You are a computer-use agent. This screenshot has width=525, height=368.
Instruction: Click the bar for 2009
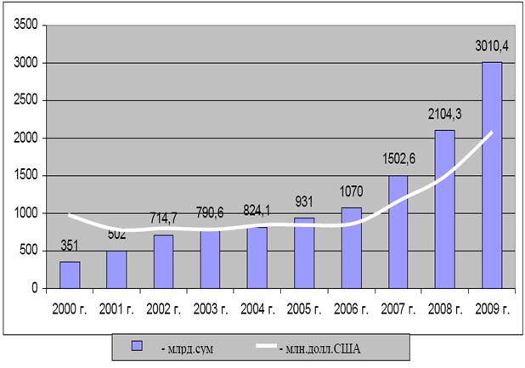[492, 175]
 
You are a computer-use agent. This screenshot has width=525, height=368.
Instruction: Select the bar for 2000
[70, 275]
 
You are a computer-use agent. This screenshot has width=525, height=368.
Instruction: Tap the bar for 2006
[352, 248]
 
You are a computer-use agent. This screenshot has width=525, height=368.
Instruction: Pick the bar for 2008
[445, 209]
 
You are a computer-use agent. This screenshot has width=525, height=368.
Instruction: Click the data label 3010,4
[492, 46]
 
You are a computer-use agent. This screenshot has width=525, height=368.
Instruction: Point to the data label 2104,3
[444, 114]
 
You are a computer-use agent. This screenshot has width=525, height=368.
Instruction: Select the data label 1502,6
[398, 158]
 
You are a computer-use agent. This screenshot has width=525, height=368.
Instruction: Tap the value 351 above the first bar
[70, 246]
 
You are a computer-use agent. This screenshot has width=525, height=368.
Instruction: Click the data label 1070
[351, 191]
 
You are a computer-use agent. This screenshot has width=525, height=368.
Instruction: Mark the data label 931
[304, 202]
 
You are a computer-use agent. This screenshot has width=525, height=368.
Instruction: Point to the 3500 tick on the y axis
[25, 25]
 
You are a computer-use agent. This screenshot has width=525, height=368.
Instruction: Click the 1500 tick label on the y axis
[25, 175]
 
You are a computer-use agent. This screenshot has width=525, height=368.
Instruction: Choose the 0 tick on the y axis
[35, 288]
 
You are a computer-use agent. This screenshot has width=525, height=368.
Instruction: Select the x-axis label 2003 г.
[211, 309]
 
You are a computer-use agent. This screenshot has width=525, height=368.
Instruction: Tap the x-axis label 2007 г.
[398, 309]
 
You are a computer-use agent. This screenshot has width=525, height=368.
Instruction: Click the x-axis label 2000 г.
[70, 309]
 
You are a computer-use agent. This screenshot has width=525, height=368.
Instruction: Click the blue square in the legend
[137, 346]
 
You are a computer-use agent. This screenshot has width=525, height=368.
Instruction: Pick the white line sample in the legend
[267, 346]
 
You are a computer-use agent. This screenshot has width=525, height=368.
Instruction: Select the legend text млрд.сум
[187, 349]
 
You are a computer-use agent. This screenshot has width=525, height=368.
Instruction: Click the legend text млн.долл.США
[319, 349]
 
